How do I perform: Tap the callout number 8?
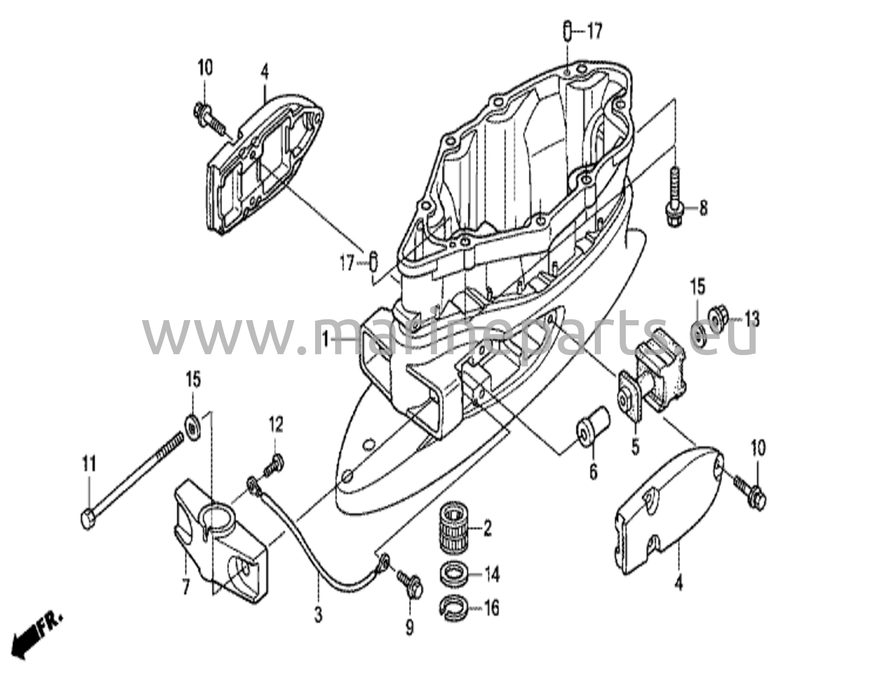click(x=703, y=208)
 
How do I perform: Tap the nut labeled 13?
click(x=716, y=314)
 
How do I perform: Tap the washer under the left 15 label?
click(x=193, y=423)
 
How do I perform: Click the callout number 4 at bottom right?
click(x=678, y=584)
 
